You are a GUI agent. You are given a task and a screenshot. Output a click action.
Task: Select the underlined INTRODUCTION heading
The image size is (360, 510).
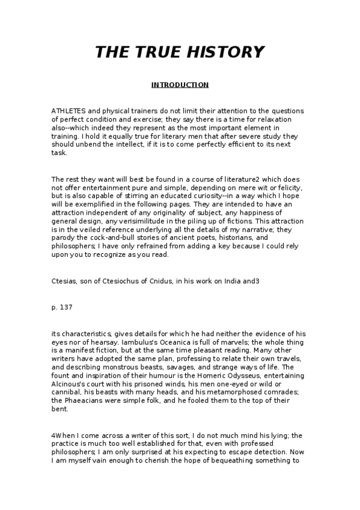[x=180, y=85]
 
